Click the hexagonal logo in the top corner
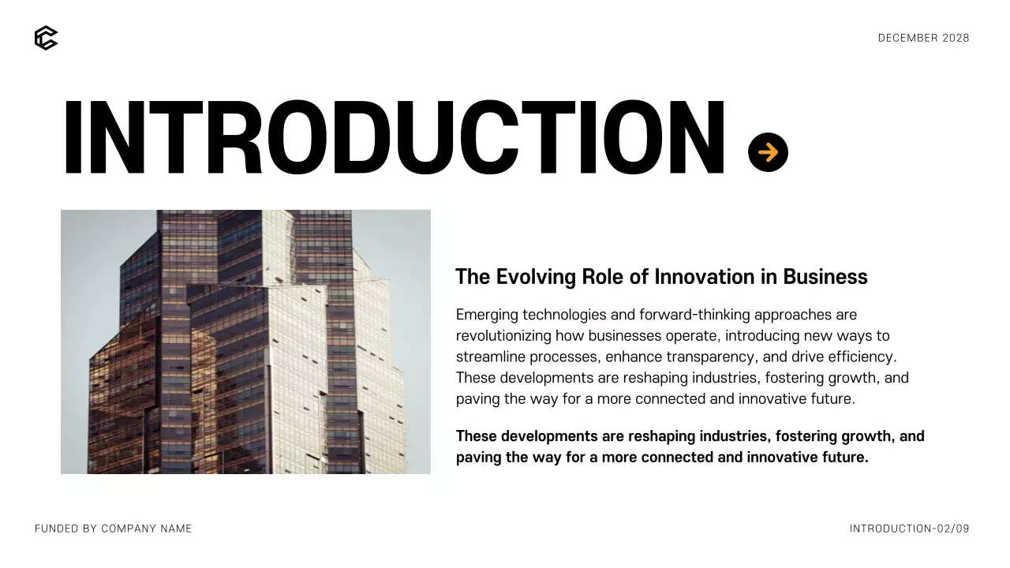pos(46,38)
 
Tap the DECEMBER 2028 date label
pos(923,38)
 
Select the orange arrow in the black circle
pos(768,152)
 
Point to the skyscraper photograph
pos(245,342)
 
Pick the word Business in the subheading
pos(825,277)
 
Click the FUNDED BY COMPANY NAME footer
pos(114,529)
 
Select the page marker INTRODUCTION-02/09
pos(909,529)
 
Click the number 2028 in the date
pos(956,38)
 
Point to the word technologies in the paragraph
pos(564,315)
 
